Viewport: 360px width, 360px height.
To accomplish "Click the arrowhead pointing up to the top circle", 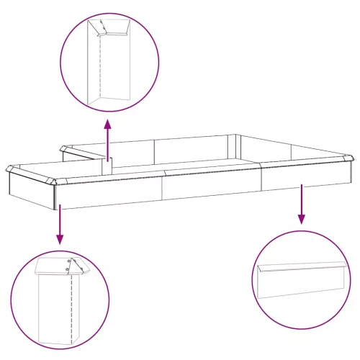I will tap(108, 125).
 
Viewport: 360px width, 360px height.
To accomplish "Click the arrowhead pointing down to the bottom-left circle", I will tap(60, 240).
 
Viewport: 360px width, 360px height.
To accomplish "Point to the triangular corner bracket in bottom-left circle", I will tap(74, 266).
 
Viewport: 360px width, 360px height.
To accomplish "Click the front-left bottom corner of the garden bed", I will tap(54, 210).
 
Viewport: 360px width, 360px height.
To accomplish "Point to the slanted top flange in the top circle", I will tap(115, 29).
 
